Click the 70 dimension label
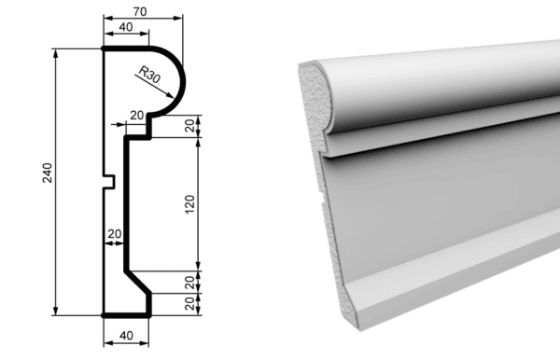[x=140, y=12]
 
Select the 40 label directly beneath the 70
[x=126, y=27]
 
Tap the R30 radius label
[x=149, y=75]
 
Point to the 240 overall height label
[x=48, y=173]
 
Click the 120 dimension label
[x=189, y=204]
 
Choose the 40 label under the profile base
[x=126, y=336]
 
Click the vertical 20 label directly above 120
[x=189, y=125]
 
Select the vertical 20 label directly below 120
[x=189, y=283]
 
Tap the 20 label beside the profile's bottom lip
[x=189, y=304]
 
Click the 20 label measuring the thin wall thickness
[x=114, y=234]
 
